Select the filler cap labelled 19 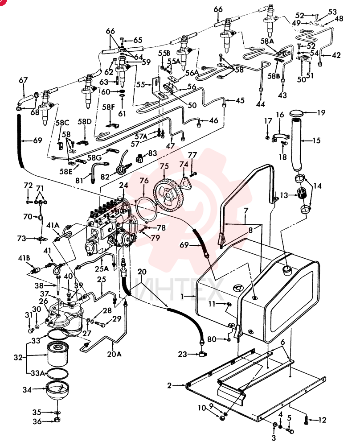(297, 114)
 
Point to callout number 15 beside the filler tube (316, 140)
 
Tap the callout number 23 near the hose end (183, 354)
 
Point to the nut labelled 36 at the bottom (57, 420)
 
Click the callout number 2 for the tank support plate (169, 386)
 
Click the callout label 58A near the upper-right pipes (267, 41)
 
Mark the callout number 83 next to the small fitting (152, 153)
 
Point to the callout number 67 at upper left (23, 80)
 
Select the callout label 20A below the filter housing (114, 354)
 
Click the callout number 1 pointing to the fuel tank (182, 296)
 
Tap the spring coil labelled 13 (303, 195)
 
